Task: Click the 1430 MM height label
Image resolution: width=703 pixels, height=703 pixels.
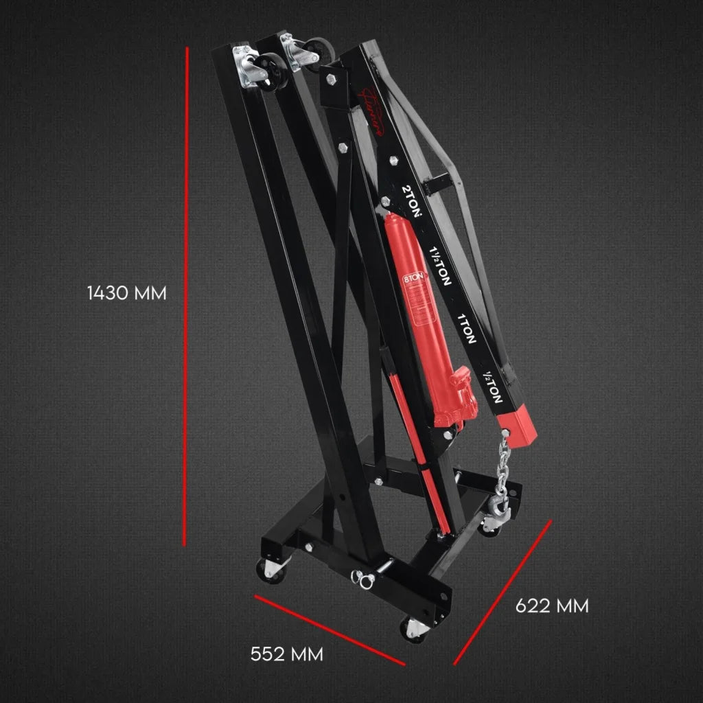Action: (x=127, y=293)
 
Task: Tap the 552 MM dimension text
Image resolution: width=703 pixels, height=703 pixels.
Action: (x=287, y=654)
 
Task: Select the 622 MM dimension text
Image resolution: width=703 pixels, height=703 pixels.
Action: (x=552, y=606)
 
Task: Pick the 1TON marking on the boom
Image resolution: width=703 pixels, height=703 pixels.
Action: (x=466, y=327)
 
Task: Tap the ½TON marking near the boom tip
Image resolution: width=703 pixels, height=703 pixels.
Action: (x=493, y=389)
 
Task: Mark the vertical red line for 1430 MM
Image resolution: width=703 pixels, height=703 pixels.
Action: (x=186, y=295)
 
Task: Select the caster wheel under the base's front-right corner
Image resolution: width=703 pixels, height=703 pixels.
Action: (x=413, y=629)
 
